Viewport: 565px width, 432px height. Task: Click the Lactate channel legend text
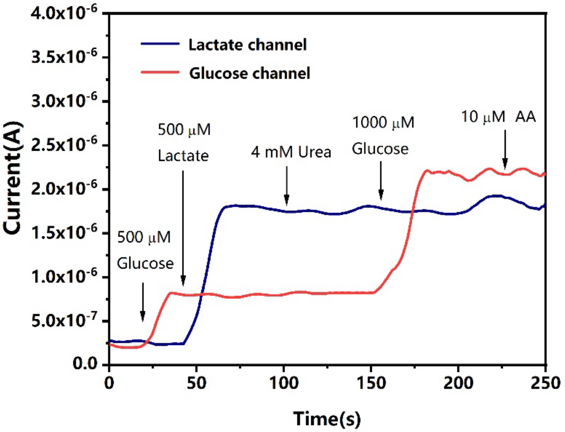click(x=247, y=45)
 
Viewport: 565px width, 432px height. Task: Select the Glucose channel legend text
click(x=250, y=73)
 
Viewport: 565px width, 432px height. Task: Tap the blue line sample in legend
click(x=160, y=44)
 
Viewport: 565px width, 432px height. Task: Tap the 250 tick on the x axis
click(x=545, y=383)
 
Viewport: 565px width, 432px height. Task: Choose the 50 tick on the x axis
click(x=197, y=383)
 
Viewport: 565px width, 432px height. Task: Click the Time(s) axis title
click(x=327, y=418)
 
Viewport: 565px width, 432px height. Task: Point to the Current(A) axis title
click(x=13, y=178)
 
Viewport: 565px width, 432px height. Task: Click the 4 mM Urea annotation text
click(x=291, y=152)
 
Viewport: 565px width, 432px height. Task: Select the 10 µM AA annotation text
click(x=498, y=117)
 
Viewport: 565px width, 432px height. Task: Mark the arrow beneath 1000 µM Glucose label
click(x=381, y=180)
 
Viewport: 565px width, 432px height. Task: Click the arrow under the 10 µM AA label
click(x=505, y=150)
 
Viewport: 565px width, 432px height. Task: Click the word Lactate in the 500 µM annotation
click(x=183, y=156)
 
